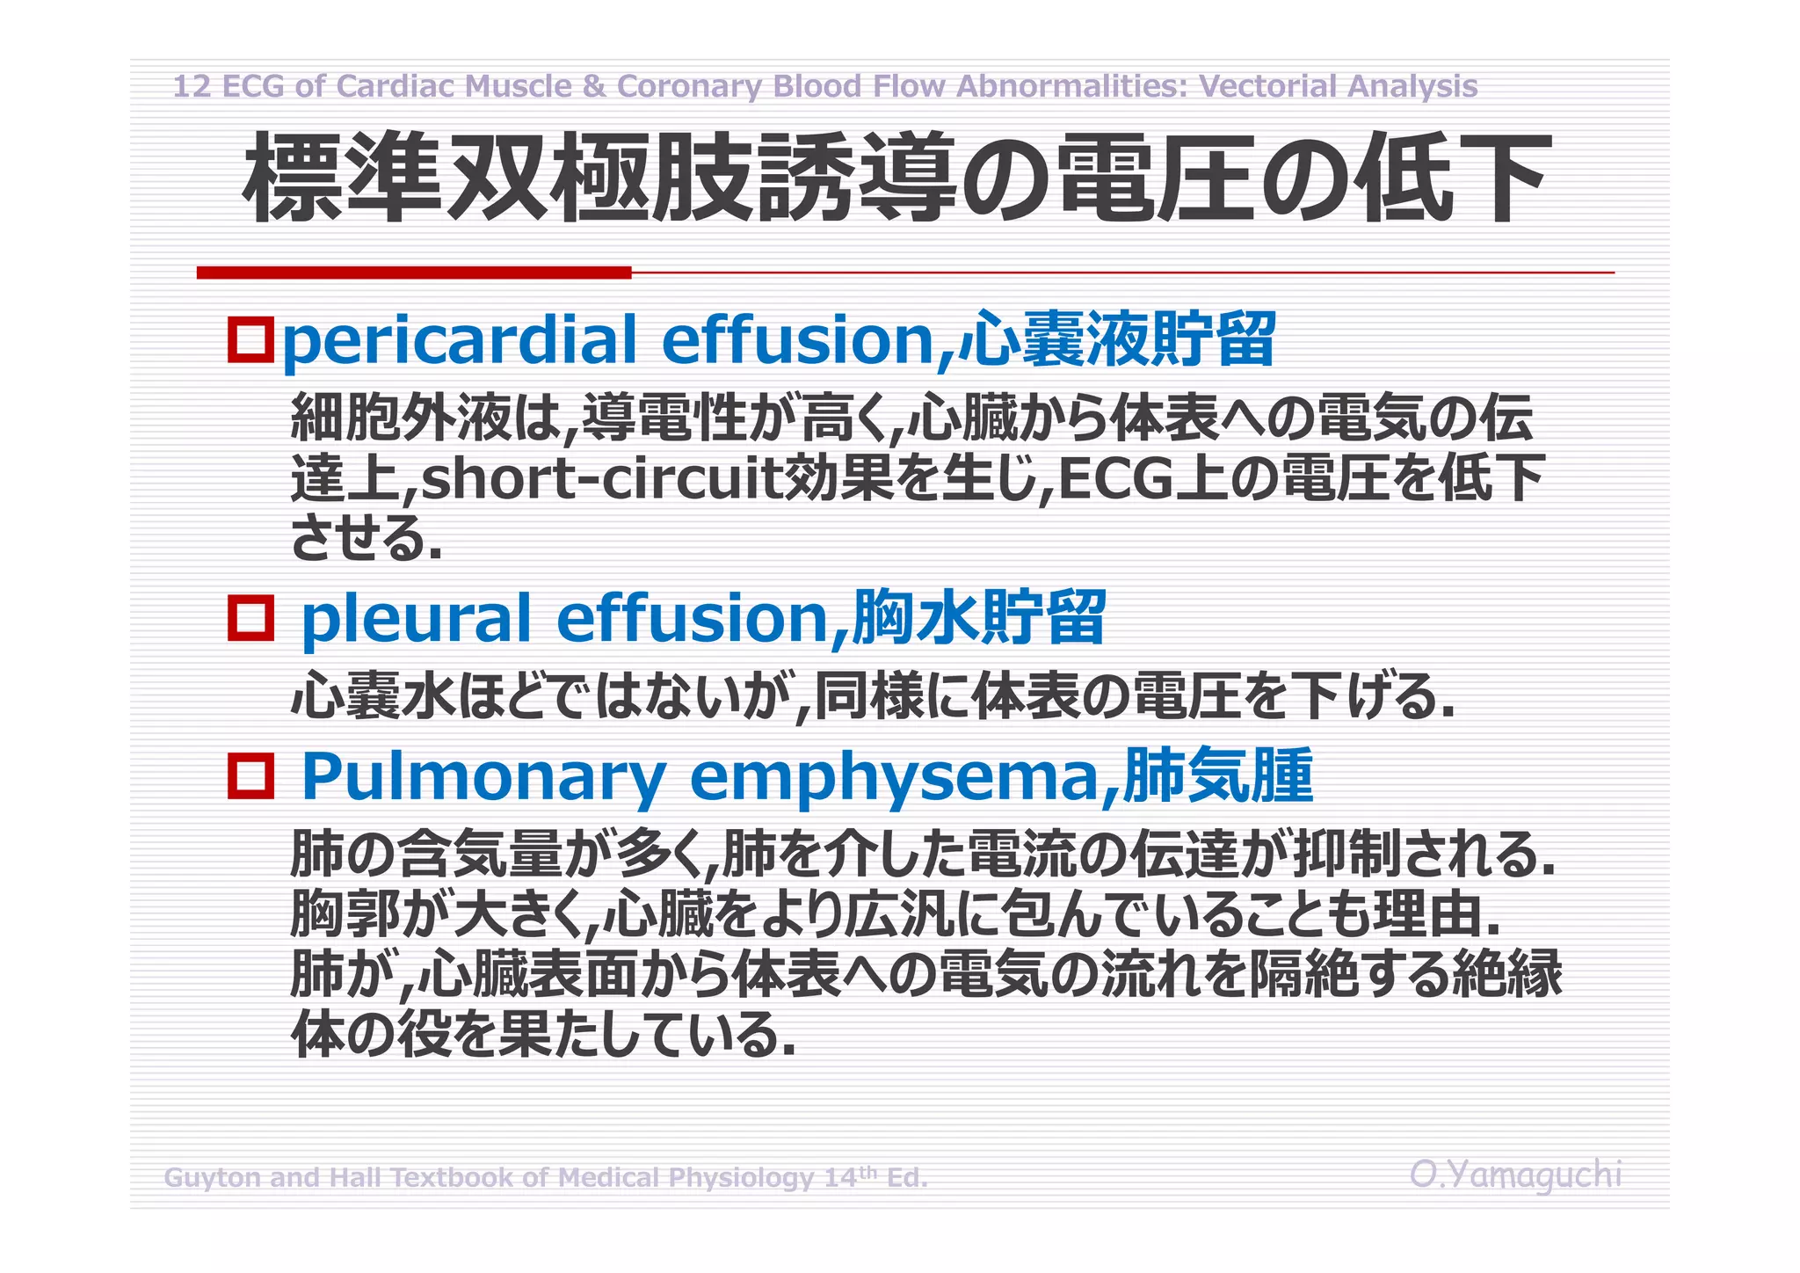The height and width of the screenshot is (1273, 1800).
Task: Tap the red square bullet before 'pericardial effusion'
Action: point(250,339)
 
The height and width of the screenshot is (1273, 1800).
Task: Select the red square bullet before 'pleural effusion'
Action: point(250,617)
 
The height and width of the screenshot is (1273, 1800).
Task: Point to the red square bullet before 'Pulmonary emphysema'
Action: point(250,775)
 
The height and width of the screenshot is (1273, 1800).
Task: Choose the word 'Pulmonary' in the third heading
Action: point(483,777)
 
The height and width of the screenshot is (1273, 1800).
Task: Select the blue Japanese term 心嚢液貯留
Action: point(1116,339)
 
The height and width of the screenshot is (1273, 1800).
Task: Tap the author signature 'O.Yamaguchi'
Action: point(1515,1175)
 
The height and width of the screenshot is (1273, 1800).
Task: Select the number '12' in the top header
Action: point(192,86)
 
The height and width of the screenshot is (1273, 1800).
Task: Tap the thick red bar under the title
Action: point(413,273)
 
